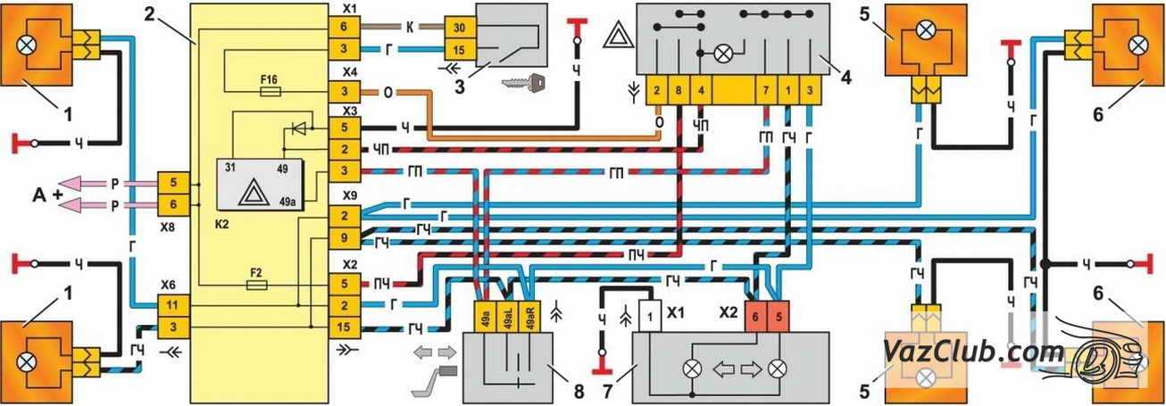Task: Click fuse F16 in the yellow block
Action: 269,91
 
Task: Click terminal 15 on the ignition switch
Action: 455,48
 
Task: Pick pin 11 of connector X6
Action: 171,305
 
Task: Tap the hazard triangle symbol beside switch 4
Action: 618,37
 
